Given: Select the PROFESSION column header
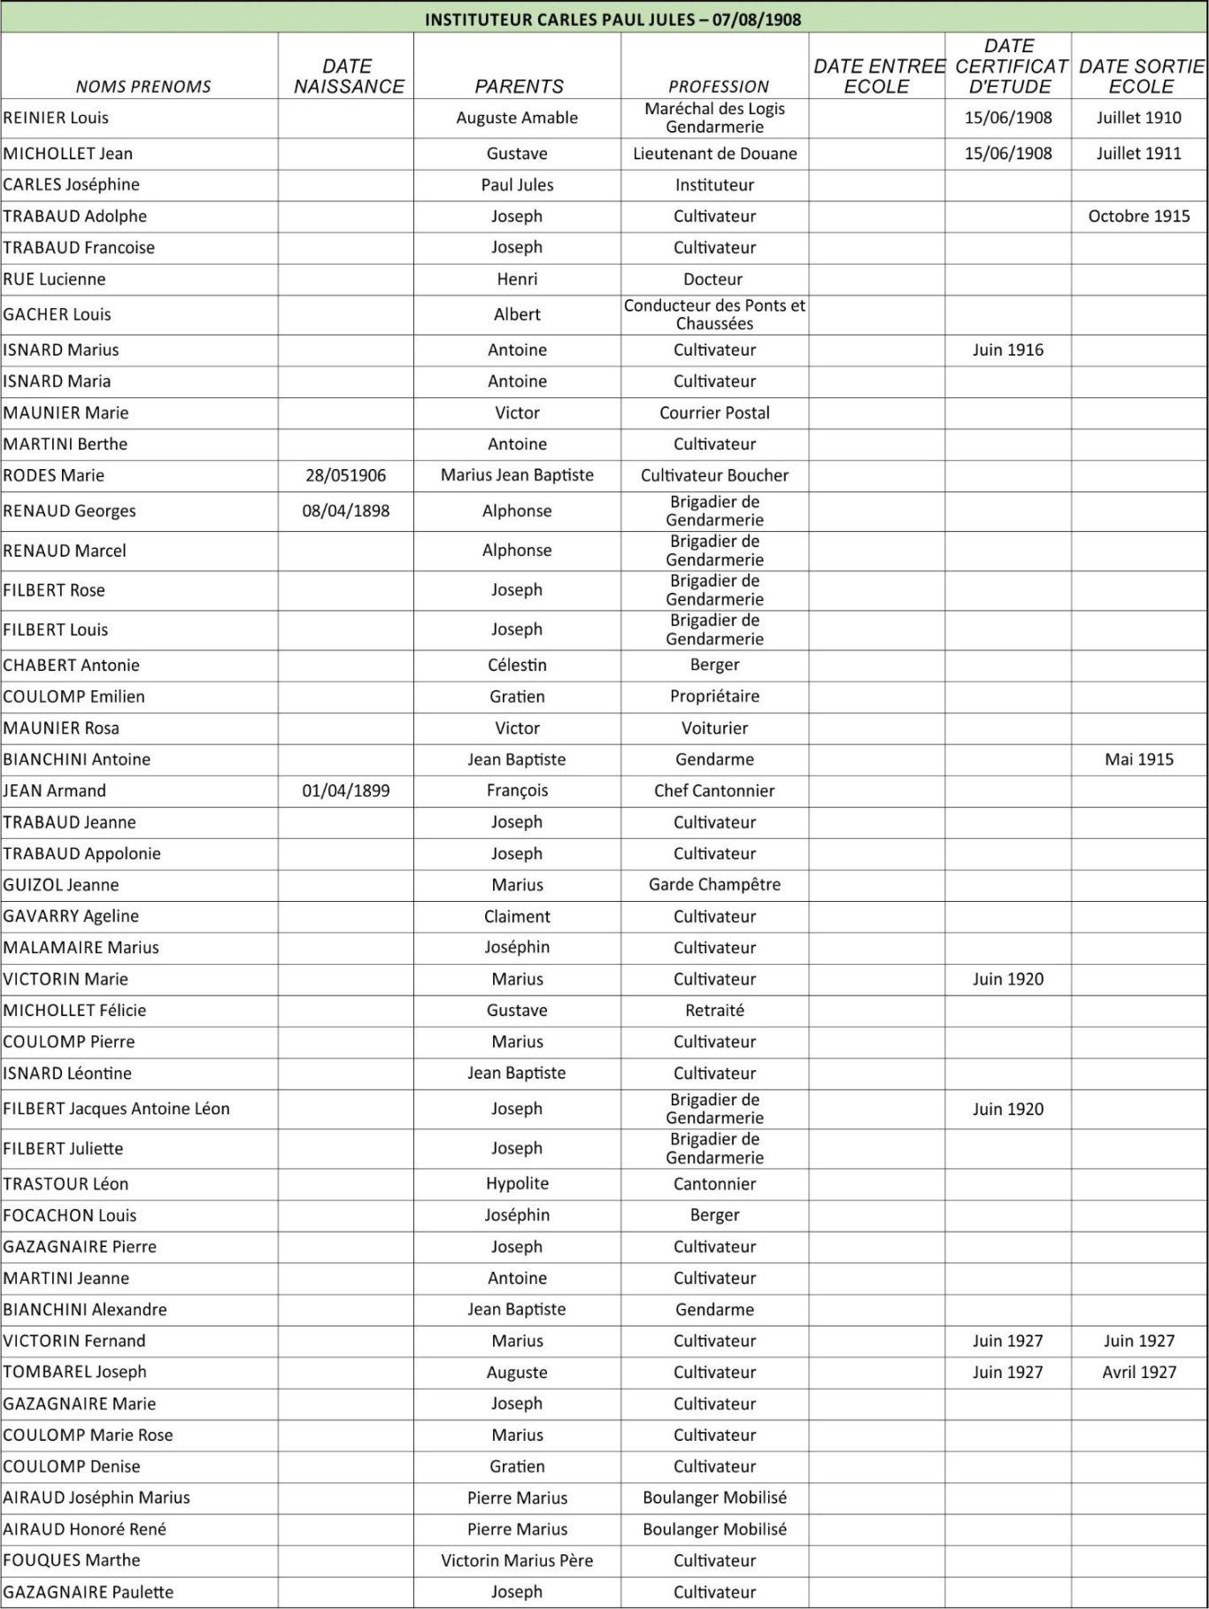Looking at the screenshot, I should click(718, 87).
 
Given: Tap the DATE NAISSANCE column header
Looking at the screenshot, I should click(348, 76).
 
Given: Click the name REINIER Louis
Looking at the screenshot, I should click(56, 118).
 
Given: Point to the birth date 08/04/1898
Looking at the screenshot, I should click(346, 511).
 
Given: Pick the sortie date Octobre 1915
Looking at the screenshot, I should click(1138, 216).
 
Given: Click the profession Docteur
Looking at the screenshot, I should click(713, 279).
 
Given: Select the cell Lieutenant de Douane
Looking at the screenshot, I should click(714, 153).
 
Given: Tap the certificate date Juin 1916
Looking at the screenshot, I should click(1007, 350).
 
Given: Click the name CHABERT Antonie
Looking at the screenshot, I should click(71, 665).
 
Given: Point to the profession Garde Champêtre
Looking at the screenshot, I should click(714, 884).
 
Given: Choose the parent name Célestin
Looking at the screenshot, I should click(517, 665).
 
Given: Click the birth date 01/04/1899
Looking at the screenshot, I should click(346, 790).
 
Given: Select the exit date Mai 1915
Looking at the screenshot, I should click(1138, 758).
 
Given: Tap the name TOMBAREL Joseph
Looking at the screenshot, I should click(74, 1372).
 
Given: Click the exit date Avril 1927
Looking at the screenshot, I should click(1138, 1372).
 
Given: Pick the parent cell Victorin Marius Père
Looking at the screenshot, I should click(517, 1560).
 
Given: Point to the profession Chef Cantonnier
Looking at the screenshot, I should click(714, 790).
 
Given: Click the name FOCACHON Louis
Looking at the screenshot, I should click(69, 1215).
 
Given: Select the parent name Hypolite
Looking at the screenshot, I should click(517, 1183).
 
